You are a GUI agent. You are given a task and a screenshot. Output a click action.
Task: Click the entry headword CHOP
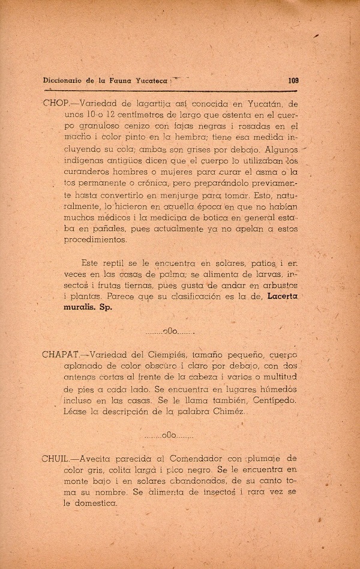click(x=56, y=103)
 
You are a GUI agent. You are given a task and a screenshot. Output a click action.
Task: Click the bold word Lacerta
click(x=283, y=296)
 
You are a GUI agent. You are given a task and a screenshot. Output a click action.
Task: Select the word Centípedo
click(x=267, y=400)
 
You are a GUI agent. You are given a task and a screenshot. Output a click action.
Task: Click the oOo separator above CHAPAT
click(x=170, y=330)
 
